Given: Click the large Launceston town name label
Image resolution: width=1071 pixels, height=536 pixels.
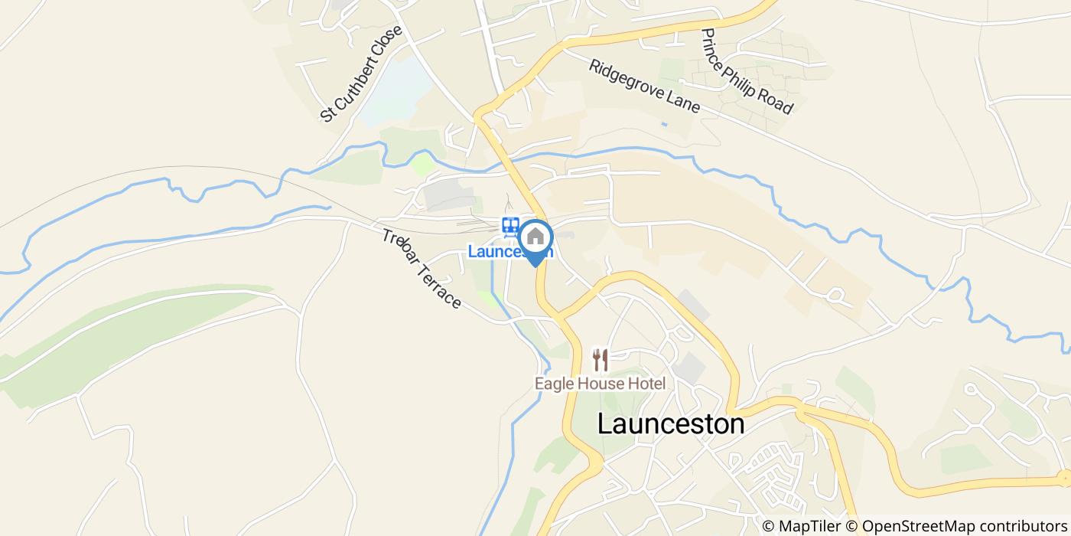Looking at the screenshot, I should pos(670,424).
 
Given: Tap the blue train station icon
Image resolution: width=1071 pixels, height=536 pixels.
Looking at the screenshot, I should pos(510,227).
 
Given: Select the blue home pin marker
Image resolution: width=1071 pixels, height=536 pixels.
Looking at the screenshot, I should pos(535,240).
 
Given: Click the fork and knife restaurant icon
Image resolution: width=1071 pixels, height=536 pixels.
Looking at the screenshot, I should pos(601,360).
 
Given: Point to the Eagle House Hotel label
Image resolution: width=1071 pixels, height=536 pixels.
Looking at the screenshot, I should pos(600,384).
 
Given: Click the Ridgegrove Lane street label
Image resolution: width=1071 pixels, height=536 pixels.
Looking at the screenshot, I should pos(644,86).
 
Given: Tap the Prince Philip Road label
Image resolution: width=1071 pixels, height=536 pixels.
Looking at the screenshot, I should pos(747,72).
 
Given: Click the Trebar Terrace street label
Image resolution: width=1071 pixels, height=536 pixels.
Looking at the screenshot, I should pos(422,269).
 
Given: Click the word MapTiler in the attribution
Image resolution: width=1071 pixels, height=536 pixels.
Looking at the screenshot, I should pos(804,526).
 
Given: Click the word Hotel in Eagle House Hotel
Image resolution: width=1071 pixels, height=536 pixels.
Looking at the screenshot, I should pos(648,384).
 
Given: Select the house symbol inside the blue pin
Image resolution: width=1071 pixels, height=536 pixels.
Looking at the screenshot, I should pos(535,236).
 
